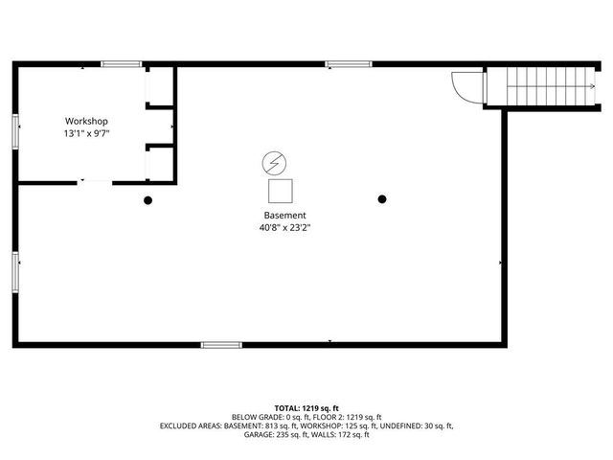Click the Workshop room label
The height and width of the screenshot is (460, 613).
pos(86,121)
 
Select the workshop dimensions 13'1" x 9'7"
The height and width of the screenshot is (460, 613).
pos(86,134)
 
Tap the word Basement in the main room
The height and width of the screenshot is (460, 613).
pos(284,215)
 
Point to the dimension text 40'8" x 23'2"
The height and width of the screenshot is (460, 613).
pos(284,228)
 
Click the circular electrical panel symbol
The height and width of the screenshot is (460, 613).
pos(273,161)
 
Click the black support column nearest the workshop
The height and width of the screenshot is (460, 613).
pos(148,200)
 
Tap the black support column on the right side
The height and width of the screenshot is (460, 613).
pos(382,199)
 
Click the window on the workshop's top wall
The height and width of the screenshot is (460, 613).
pos(122,64)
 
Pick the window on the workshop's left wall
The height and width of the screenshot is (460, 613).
pos(15,130)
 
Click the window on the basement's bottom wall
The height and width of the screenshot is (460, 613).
pos(220,344)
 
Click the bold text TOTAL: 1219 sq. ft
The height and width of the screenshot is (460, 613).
pos(306,407)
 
